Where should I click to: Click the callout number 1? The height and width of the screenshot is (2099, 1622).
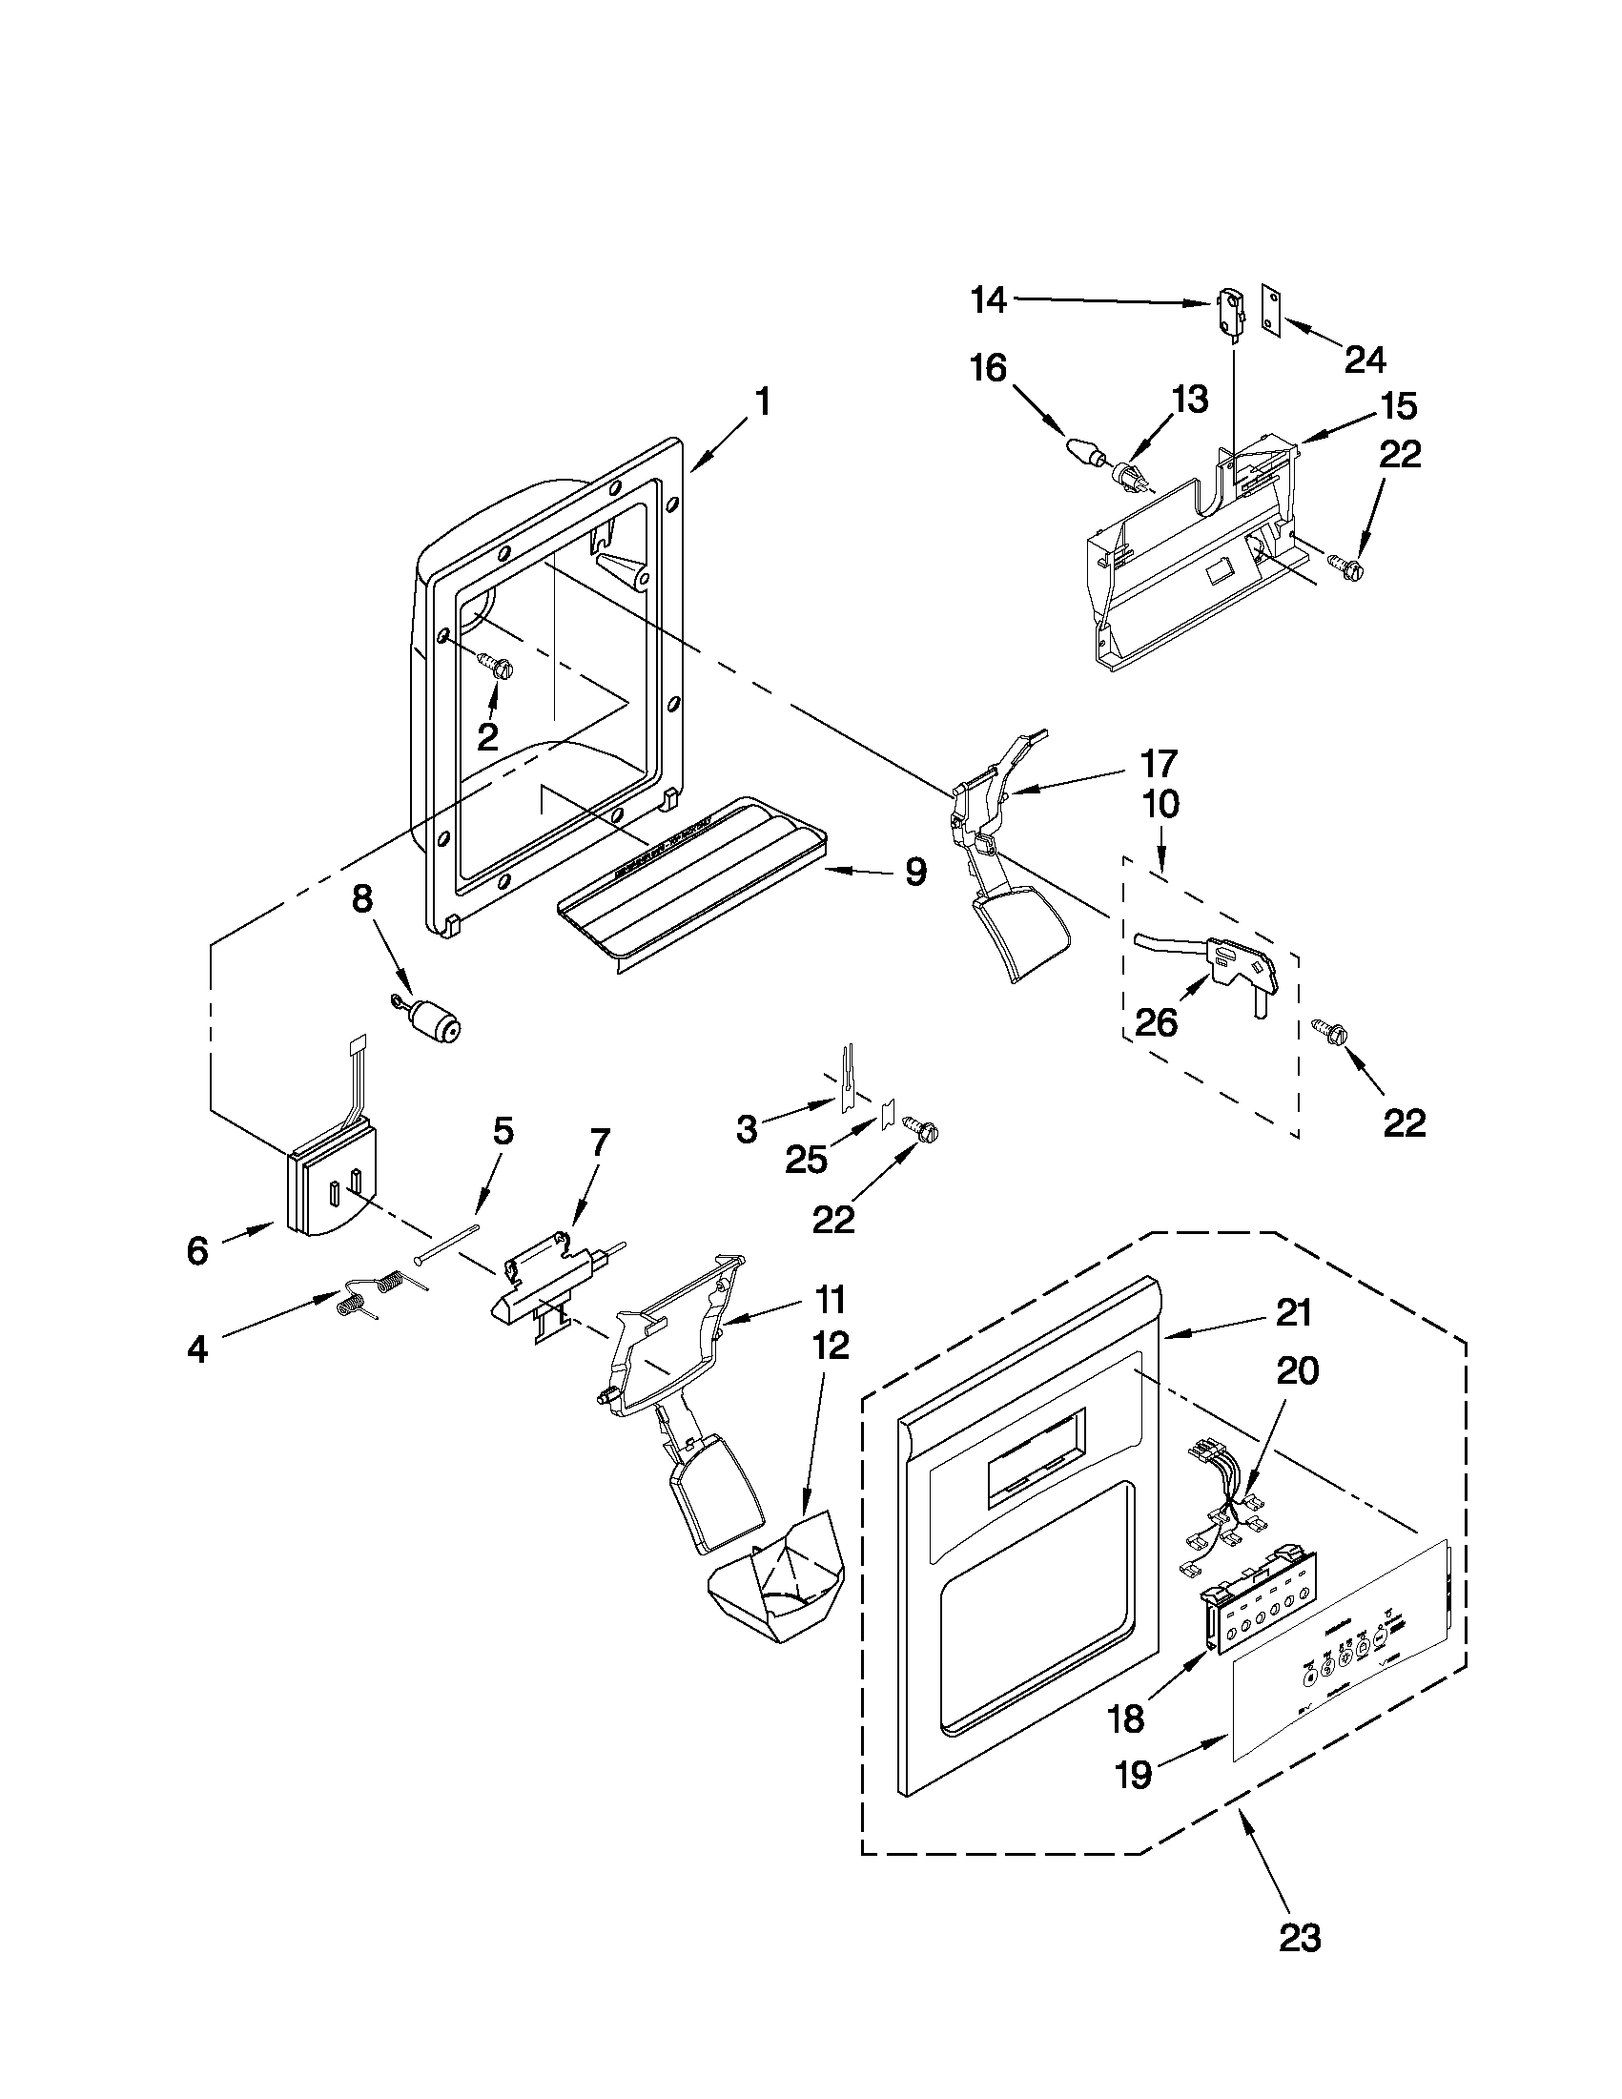(x=762, y=401)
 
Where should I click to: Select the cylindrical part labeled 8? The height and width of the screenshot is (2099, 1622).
(x=438, y=1022)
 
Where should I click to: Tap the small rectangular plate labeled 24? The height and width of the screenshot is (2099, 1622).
(x=1273, y=312)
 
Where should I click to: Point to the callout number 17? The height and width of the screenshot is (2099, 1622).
(x=1159, y=763)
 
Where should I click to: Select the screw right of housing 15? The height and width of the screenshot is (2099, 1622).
(x=1345, y=562)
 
